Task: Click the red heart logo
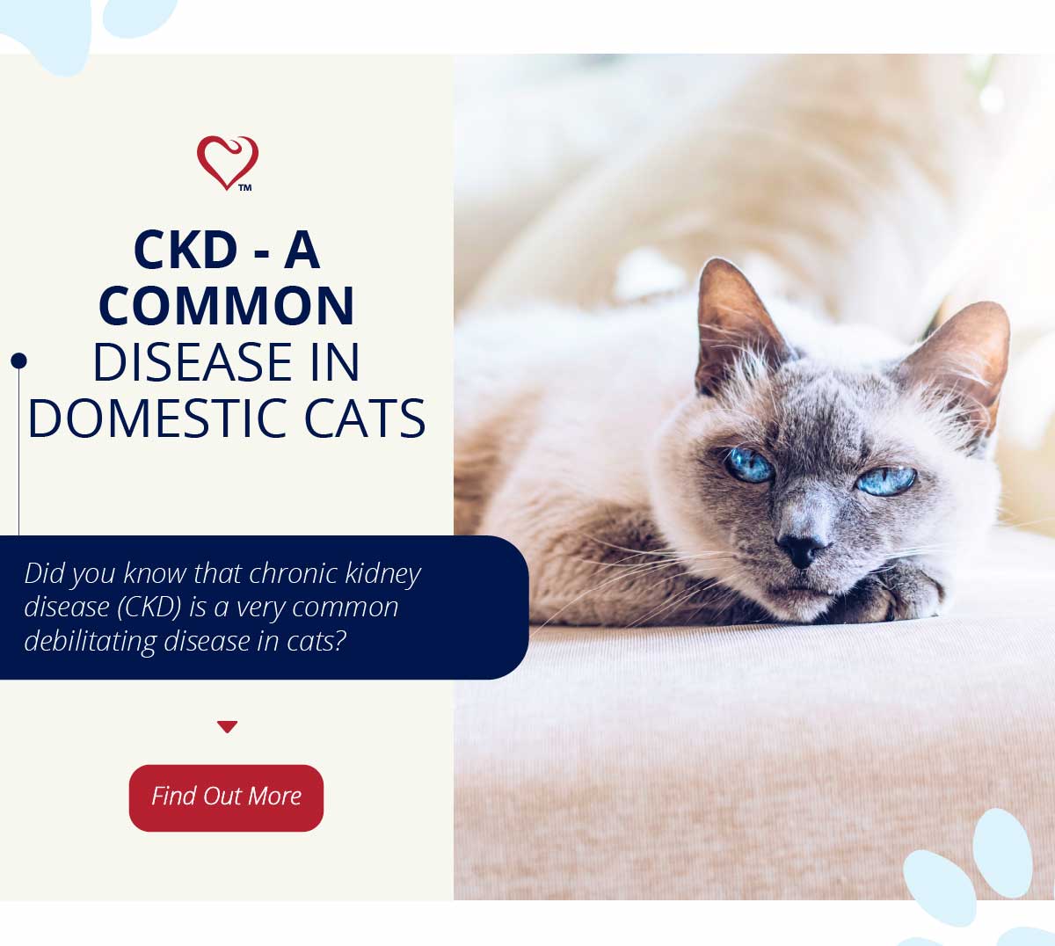tap(227, 163)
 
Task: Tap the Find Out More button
tap(226, 797)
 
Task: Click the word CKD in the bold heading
tap(186, 250)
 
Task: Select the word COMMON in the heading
tap(227, 306)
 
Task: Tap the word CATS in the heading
tap(365, 418)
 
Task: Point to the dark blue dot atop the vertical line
tap(18, 360)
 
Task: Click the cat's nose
tap(800, 549)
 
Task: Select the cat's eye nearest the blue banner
tap(750, 465)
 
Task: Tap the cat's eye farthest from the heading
tap(886, 481)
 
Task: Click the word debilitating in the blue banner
tap(90, 641)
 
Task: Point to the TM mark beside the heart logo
tap(245, 187)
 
